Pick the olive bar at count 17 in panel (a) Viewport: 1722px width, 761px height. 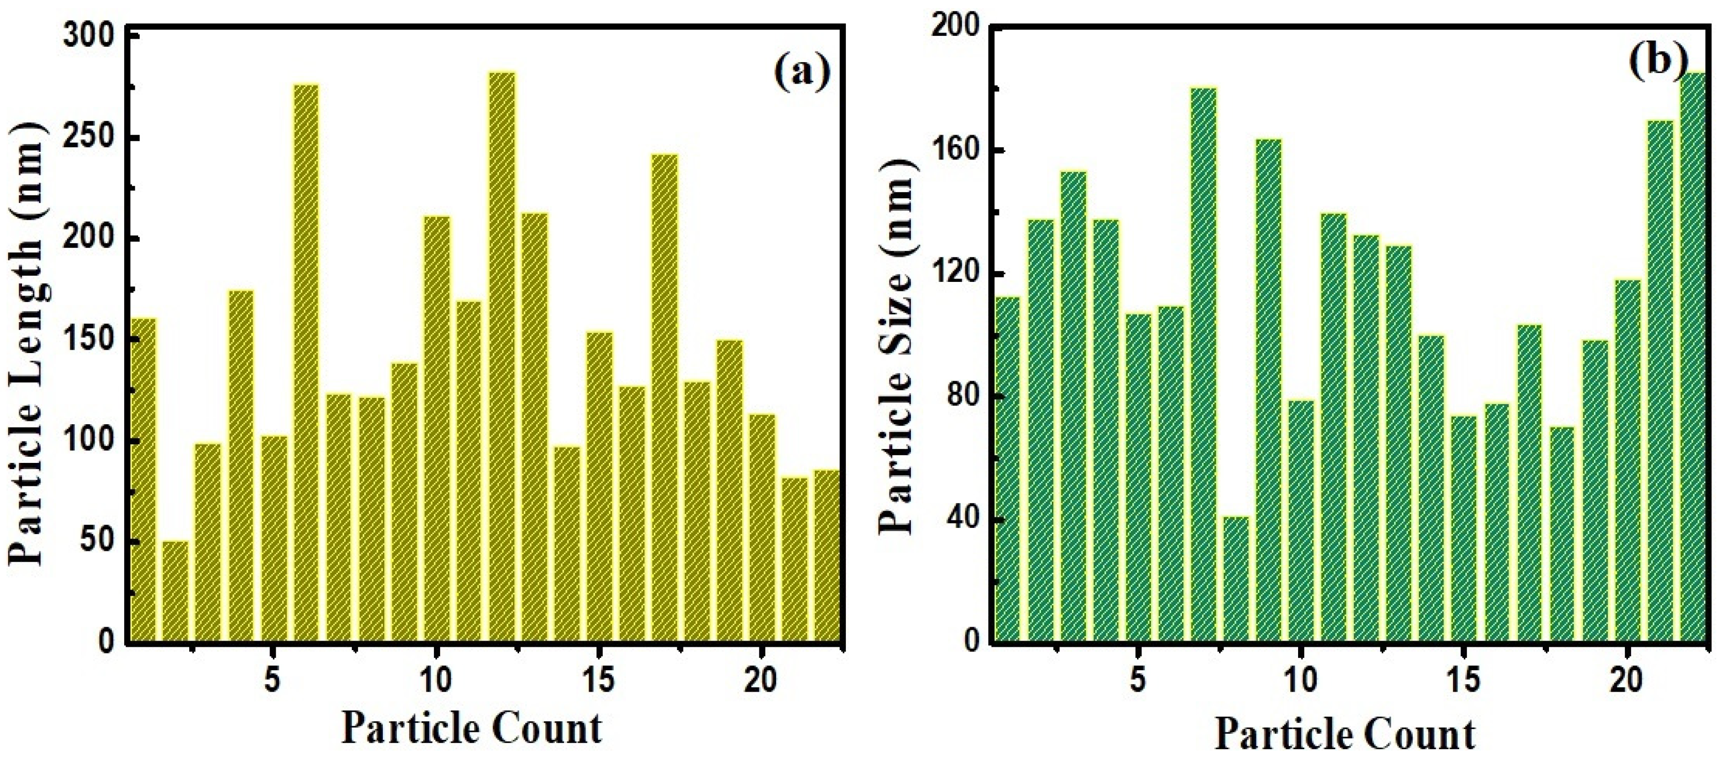(664, 401)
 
